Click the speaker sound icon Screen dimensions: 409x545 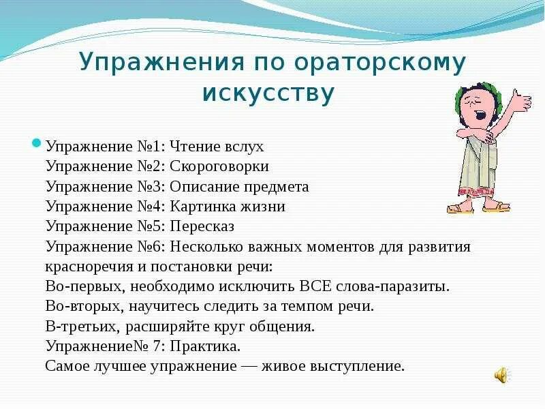pyautogui.click(x=501, y=374)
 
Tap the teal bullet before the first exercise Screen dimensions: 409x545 pyautogui.click(x=38, y=144)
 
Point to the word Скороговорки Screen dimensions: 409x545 pyautogui.click(x=229, y=167)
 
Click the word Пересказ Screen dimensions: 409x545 pyautogui.click(x=203, y=226)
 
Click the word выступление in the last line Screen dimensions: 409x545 pyautogui.click(x=355, y=366)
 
